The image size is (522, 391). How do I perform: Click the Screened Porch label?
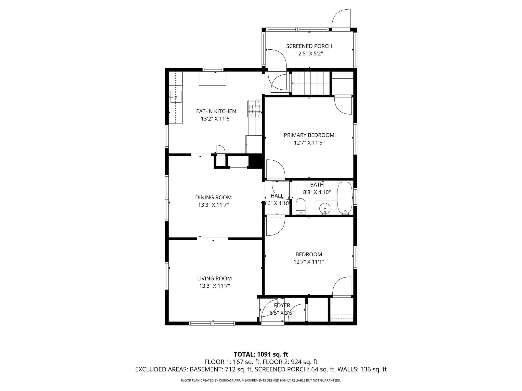click(x=309, y=46)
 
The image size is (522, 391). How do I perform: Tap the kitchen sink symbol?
click(x=176, y=97)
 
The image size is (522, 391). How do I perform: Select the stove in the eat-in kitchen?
click(x=254, y=109)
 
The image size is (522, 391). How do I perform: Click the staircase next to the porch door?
click(x=310, y=83)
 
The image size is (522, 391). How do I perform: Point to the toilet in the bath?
click(x=301, y=206)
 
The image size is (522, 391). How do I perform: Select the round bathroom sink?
click(x=325, y=208)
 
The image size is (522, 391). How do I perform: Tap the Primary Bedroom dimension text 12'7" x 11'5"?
click(x=309, y=143)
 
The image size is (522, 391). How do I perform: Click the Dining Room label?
click(x=213, y=197)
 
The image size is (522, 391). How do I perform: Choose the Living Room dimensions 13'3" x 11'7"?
click(x=214, y=286)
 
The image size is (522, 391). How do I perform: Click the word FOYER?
click(x=282, y=305)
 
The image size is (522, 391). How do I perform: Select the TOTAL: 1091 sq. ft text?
click(x=261, y=354)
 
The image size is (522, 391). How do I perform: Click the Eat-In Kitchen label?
click(x=216, y=111)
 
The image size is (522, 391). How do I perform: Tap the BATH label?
click(x=317, y=185)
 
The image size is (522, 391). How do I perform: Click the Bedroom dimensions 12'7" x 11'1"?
click(x=309, y=262)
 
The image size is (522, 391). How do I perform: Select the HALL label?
click(x=277, y=196)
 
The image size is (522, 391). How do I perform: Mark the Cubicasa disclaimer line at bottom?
click(x=261, y=380)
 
